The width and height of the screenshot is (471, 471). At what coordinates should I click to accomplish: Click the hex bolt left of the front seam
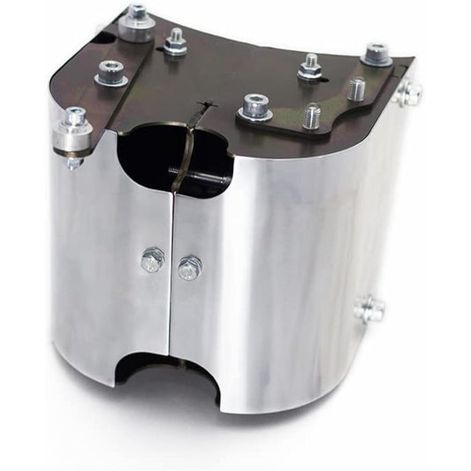[152, 259]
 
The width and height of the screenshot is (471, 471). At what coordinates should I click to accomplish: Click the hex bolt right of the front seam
[189, 267]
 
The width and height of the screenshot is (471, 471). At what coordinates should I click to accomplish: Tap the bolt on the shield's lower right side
[371, 308]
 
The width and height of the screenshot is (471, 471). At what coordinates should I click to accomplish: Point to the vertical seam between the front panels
[171, 292]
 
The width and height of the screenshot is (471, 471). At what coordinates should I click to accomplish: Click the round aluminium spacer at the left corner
[72, 133]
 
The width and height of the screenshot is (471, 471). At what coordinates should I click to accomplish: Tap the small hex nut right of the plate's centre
[310, 65]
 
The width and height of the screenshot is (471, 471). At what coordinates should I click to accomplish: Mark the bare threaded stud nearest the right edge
[356, 88]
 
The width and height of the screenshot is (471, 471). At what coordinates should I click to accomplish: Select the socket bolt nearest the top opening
[255, 105]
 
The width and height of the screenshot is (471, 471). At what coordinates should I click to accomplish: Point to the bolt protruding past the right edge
[407, 92]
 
